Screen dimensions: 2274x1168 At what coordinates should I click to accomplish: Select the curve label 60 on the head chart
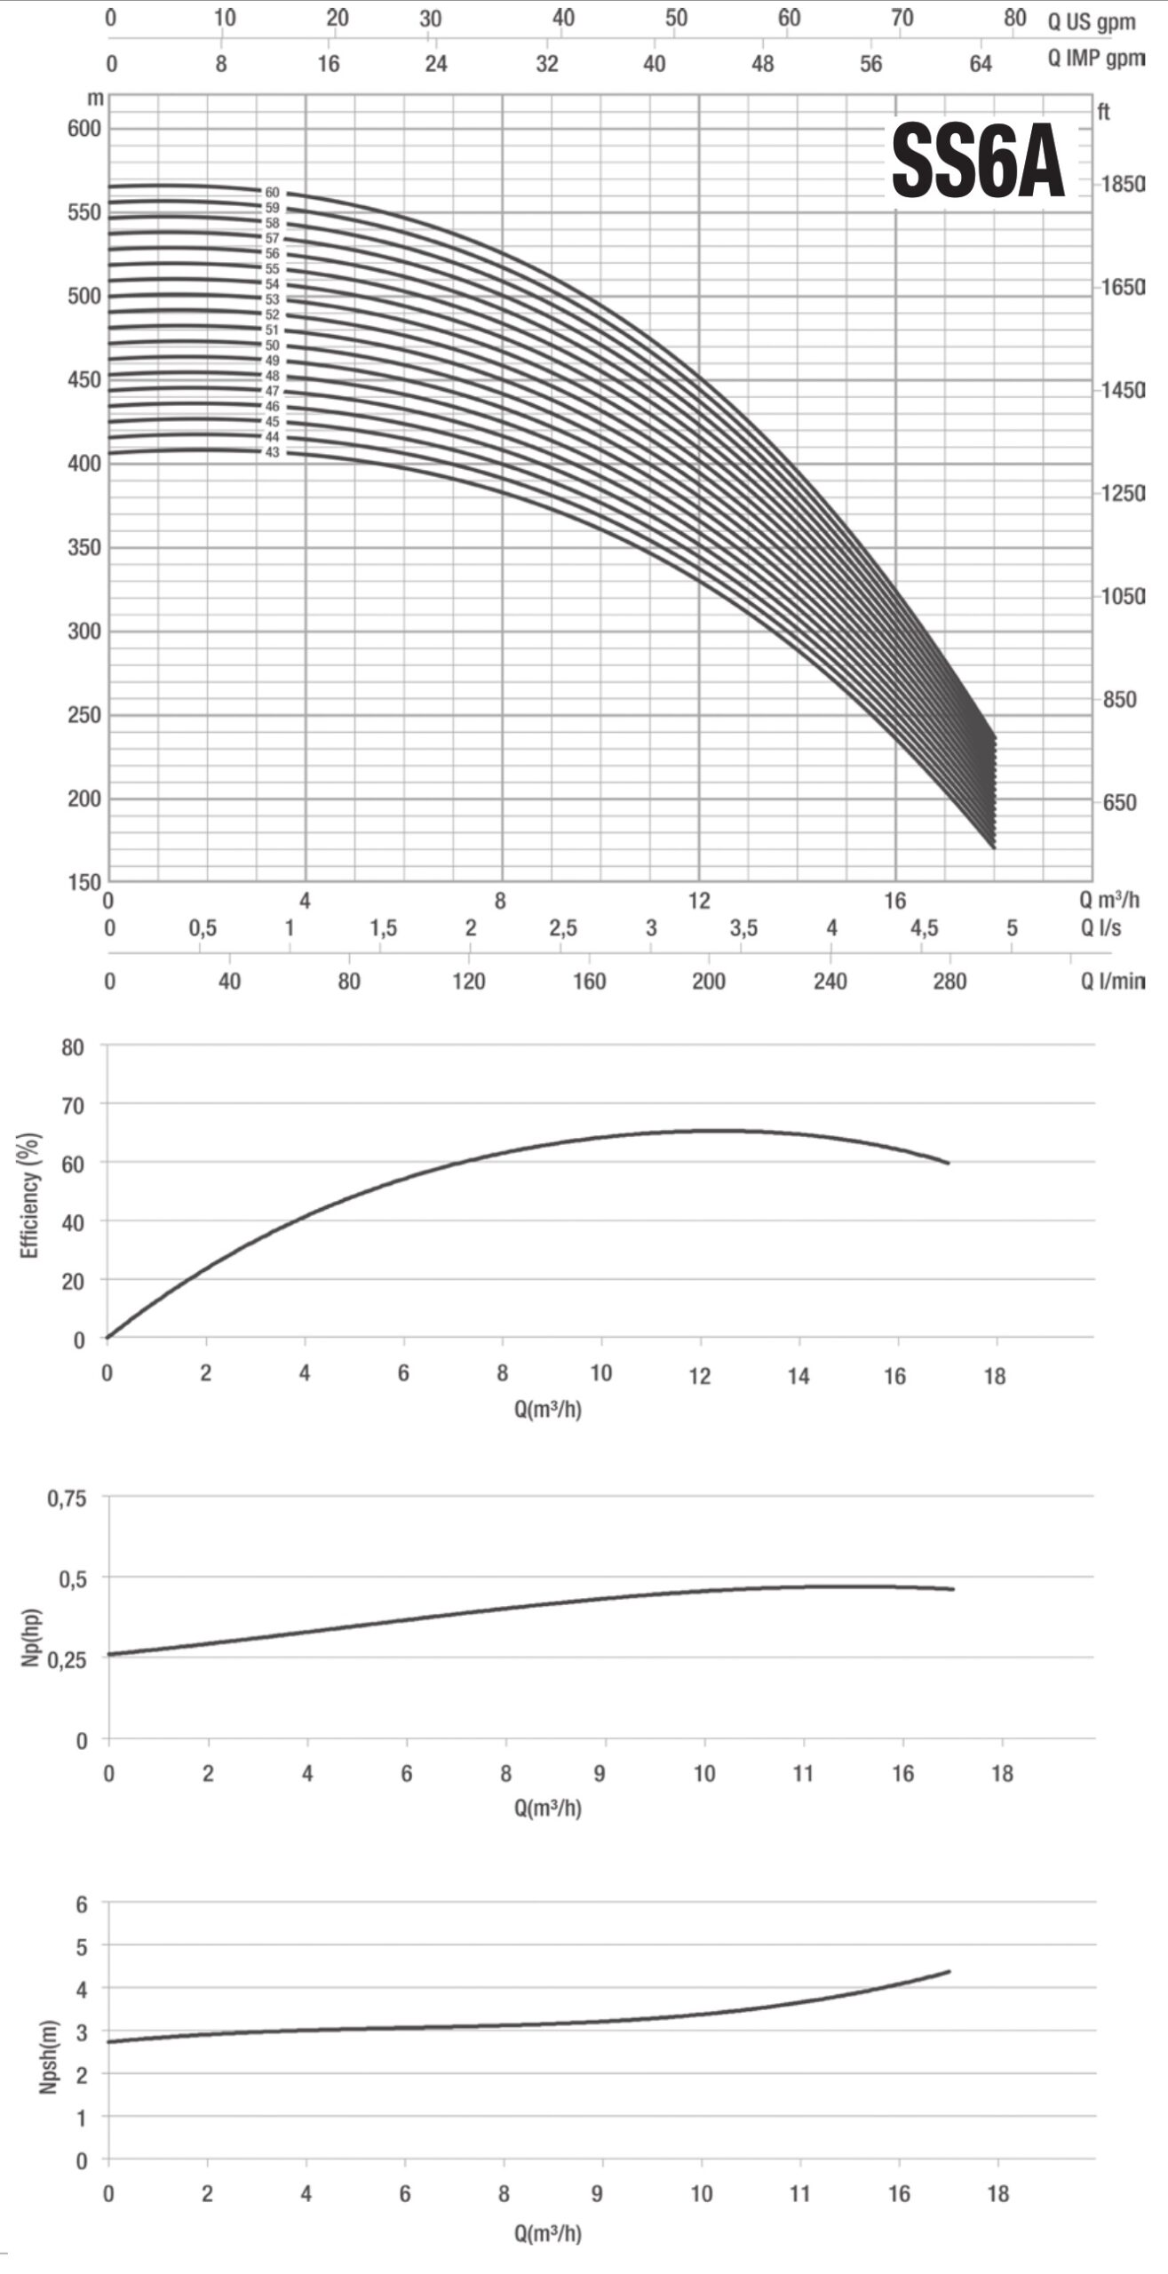[x=272, y=192]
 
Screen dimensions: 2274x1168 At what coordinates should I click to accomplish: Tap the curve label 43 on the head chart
[x=272, y=452]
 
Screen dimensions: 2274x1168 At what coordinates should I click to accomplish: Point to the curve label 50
[x=272, y=346]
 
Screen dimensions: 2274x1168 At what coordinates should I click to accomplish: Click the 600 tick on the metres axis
[x=84, y=128]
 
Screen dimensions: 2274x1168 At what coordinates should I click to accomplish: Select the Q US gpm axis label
[x=1092, y=22]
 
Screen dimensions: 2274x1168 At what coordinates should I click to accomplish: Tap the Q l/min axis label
[x=1112, y=982]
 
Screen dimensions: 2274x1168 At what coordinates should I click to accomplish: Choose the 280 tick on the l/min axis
[x=949, y=982]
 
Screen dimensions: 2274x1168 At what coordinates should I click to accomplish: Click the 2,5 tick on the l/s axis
[x=562, y=929]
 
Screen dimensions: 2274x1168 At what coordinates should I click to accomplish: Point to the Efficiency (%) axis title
[x=31, y=1195]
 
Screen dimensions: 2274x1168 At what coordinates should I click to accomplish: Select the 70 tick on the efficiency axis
[x=73, y=1104]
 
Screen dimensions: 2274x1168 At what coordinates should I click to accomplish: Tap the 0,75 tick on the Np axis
[x=68, y=1499]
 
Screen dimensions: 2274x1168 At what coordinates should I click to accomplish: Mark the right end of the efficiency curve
[x=949, y=1163]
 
